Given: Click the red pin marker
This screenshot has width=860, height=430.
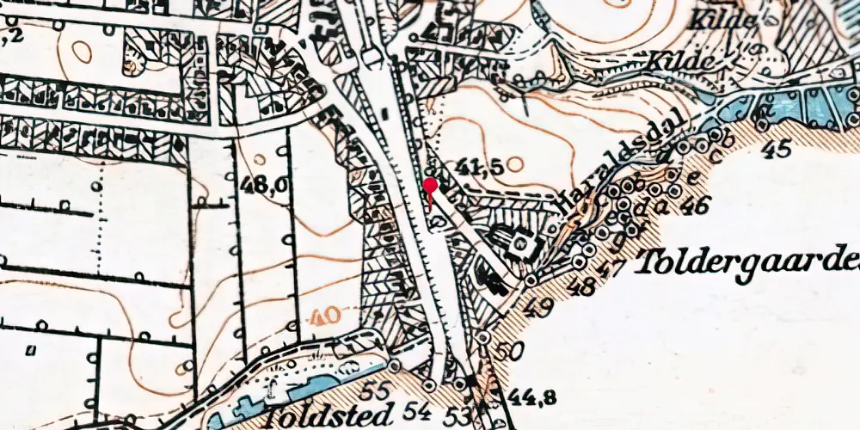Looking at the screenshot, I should [430, 187].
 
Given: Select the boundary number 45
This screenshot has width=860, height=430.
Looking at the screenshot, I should [777, 150].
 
